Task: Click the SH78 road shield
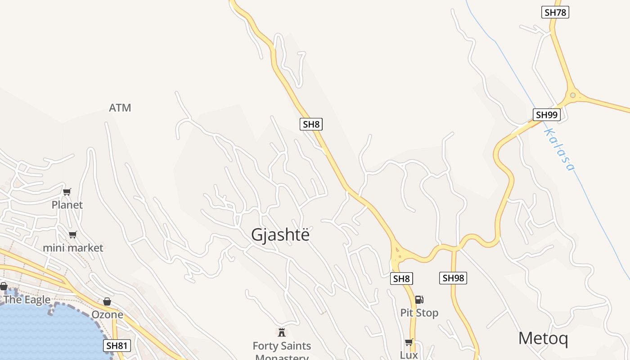[x=555, y=12]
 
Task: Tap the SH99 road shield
[x=547, y=115]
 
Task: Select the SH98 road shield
[x=453, y=278]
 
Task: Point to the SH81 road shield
[x=117, y=346]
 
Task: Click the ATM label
[x=120, y=108]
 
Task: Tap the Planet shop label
[x=67, y=205]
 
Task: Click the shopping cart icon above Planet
[x=67, y=192]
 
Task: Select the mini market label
[x=73, y=248]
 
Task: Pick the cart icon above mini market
[x=73, y=234]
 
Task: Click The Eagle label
[x=27, y=300]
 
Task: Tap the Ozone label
[x=107, y=315]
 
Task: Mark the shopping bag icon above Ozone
[x=107, y=301]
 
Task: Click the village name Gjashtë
[x=280, y=235]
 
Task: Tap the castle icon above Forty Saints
[x=282, y=333]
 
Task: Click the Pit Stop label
[x=419, y=313]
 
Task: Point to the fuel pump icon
[x=419, y=299]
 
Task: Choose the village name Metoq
[x=543, y=338]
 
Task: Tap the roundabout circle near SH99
[x=572, y=95]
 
